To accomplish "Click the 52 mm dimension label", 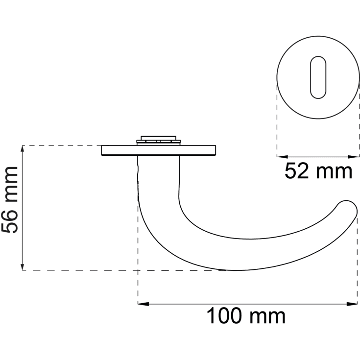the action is [318, 171].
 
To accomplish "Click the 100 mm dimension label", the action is [246, 316].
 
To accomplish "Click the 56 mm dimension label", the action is [9, 200].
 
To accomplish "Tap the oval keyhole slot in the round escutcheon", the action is [318, 77].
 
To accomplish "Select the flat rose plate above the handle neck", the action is [158, 150].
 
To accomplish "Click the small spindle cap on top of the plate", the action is [158, 140].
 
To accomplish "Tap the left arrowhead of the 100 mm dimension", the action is [143, 304].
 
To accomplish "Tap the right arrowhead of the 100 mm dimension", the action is [352, 304].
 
